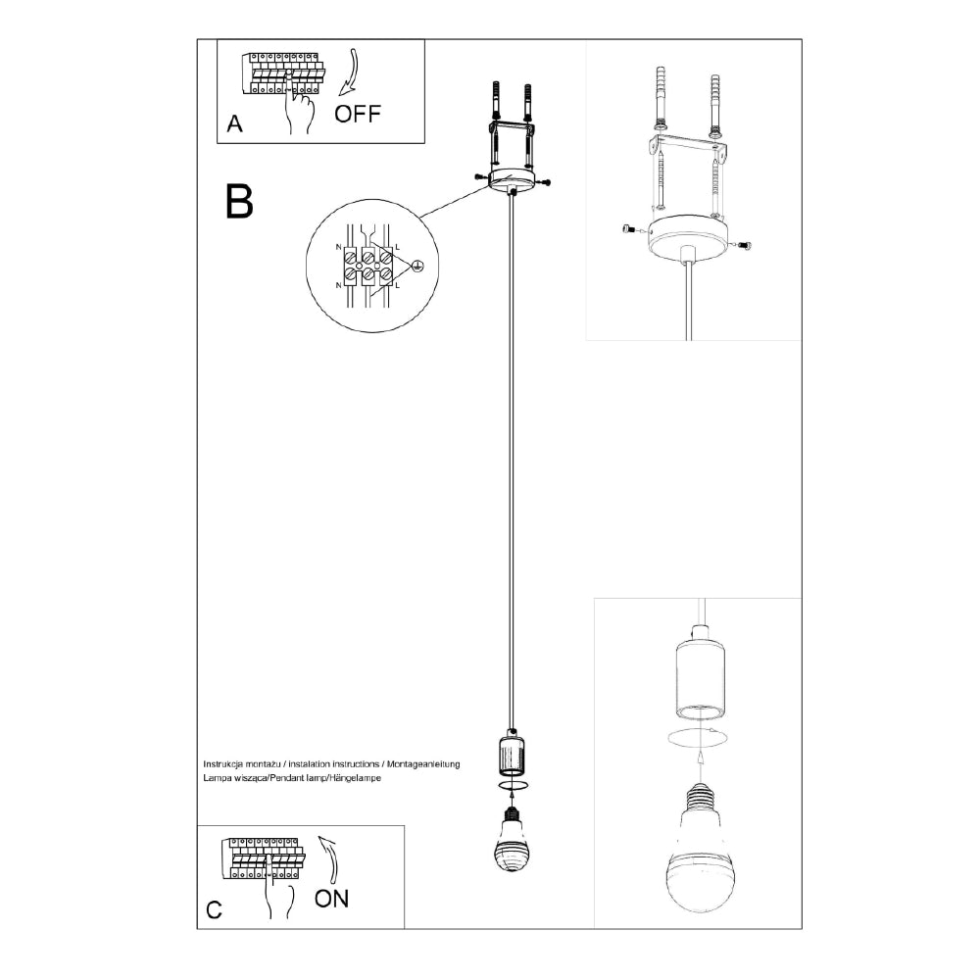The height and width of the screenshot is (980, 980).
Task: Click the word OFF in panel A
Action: [357, 114]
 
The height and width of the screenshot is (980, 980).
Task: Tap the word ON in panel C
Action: [331, 898]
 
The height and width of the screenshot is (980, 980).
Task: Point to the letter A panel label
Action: [234, 123]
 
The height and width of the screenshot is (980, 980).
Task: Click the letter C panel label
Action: [214, 909]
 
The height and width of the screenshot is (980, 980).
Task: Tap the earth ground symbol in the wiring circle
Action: [416, 265]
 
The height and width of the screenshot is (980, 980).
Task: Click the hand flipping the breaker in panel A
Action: [300, 109]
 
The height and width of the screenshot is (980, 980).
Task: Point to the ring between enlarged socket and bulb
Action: [698, 739]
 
